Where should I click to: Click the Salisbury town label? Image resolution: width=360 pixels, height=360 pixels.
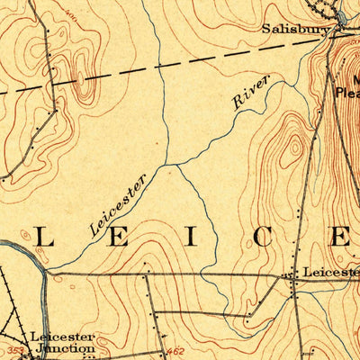[295, 29]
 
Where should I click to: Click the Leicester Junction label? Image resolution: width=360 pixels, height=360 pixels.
[61, 343]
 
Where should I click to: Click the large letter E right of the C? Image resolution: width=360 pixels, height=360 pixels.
[342, 236]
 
